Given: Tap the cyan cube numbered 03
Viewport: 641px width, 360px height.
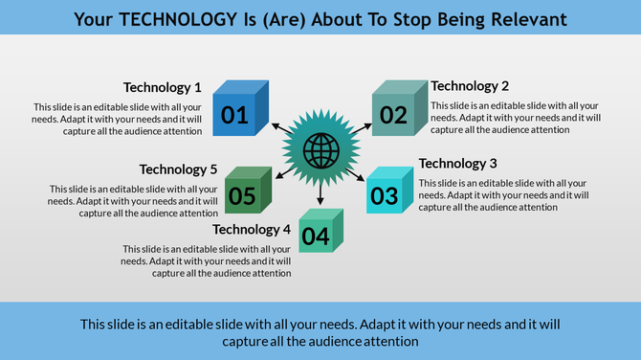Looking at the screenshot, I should (388, 192).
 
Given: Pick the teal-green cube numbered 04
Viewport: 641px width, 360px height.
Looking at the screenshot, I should (320, 231).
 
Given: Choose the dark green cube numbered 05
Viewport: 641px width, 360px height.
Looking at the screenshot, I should (248, 191).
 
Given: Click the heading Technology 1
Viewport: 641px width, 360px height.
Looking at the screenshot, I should (163, 87).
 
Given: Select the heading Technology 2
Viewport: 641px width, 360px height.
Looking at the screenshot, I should (470, 86).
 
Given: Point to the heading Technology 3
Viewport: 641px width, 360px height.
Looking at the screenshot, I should (458, 164).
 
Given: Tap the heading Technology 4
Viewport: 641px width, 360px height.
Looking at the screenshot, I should (252, 230).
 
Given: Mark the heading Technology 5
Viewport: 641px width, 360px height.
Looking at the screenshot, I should (179, 169).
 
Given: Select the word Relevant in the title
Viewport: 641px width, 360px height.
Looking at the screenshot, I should (525, 18).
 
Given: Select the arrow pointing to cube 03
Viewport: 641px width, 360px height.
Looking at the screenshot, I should (356, 173).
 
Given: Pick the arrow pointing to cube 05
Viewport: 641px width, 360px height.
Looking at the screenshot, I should (284, 172).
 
